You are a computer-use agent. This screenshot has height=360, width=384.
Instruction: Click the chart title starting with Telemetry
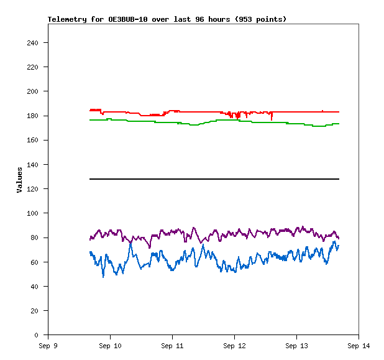click(x=167, y=19)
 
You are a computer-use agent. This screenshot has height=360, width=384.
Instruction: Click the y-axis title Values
click(x=19, y=180)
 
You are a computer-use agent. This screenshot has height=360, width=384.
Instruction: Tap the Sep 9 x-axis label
click(x=48, y=345)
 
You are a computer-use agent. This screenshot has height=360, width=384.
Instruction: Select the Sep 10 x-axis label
click(x=110, y=345)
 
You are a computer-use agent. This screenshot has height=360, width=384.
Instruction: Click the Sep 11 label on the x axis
click(x=172, y=345)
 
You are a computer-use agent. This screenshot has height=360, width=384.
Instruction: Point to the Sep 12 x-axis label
click(x=234, y=345)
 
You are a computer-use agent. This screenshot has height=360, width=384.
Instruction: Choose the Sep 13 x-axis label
click(x=296, y=345)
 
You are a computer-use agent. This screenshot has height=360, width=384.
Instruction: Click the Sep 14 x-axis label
click(x=359, y=345)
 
